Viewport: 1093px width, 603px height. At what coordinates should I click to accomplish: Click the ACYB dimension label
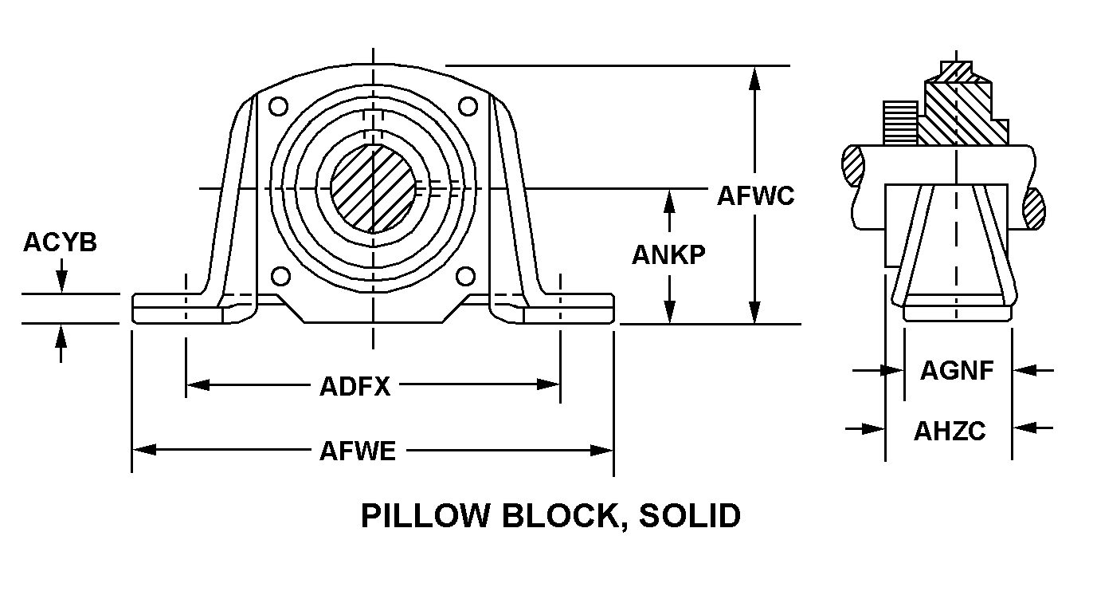coord(60,242)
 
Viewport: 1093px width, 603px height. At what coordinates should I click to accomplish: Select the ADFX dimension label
coord(355,387)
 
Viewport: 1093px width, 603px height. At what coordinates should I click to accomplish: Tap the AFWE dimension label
coord(358,451)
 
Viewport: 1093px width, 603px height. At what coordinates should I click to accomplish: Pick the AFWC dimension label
coord(755,196)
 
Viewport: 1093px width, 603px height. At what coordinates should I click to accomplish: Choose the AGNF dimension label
coord(957,370)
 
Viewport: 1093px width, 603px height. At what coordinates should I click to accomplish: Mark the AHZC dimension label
coord(950,432)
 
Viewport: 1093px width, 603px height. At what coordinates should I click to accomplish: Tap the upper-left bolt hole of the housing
coord(278,106)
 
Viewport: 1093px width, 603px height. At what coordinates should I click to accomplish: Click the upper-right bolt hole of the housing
coord(468,106)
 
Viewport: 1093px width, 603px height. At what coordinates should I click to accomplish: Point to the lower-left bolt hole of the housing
coord(280,277)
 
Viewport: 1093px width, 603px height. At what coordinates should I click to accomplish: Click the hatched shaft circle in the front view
coord(373,189)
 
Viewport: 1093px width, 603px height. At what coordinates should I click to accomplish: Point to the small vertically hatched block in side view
coord(901,123)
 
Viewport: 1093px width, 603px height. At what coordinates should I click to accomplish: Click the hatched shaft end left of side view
coord(852,166)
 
